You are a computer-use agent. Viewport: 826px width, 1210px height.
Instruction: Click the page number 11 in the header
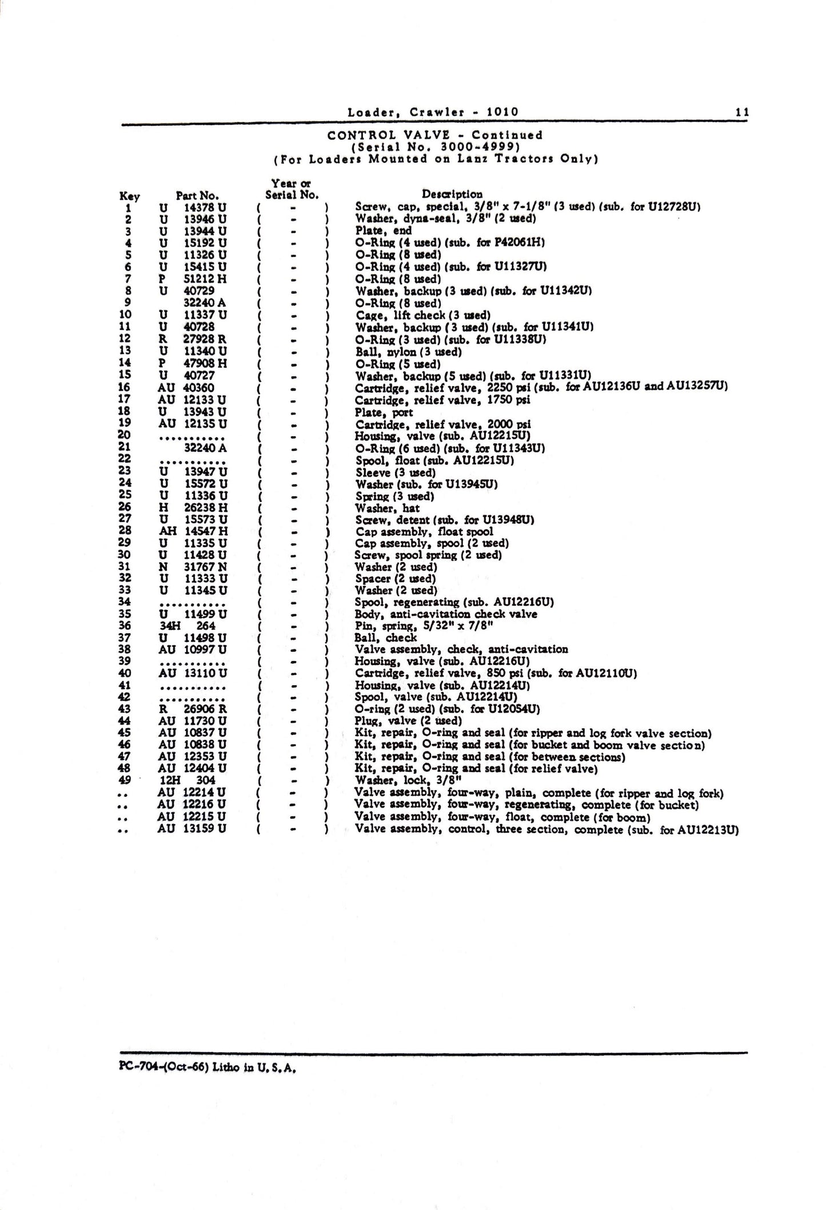[x=741, y=113]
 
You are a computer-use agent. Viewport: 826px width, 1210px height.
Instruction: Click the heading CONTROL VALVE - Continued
[x=434, y=136]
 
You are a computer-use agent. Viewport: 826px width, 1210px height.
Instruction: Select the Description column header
[x=452, y=194]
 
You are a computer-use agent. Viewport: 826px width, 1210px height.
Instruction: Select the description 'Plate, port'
[x=384, y=412]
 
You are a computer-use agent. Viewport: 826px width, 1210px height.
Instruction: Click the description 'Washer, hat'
[x=388, y=508]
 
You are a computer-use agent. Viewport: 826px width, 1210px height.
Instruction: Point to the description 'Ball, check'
[x=386, y=638]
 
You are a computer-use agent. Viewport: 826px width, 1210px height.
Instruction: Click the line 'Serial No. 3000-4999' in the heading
[x=434, y=147]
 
